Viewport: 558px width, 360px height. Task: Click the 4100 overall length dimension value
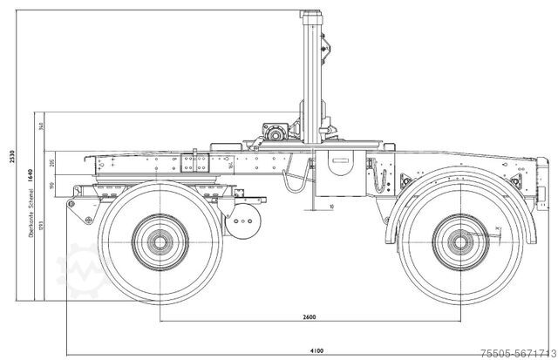316,350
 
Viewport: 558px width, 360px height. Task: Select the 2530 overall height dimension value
11,156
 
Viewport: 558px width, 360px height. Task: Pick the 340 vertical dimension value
42,126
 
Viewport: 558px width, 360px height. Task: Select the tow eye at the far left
72,203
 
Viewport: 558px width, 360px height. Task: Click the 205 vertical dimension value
53,163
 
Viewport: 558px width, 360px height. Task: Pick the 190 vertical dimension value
53,185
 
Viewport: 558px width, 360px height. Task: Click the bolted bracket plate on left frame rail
194,166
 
